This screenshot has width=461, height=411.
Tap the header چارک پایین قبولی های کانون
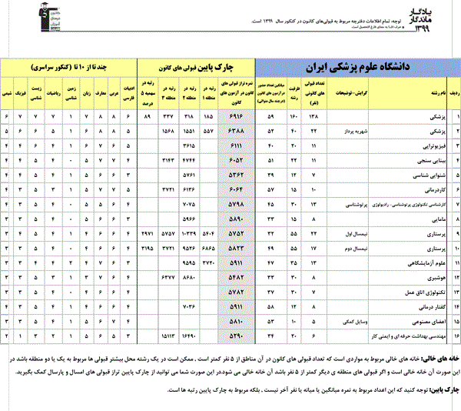(195, 65)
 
